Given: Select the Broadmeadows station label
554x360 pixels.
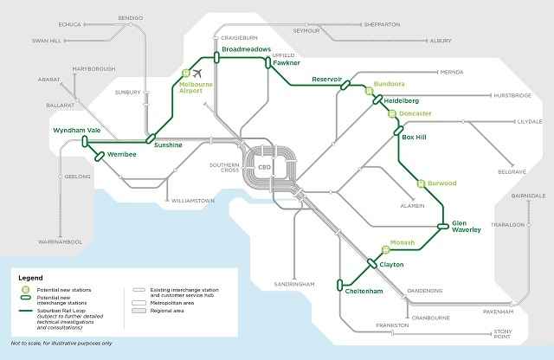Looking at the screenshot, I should [x=248, y=49].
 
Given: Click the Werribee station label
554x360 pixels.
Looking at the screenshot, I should [x=122, y=154].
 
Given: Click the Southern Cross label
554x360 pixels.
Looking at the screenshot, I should [x=223, y=168].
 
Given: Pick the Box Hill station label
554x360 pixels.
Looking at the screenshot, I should [x=415, y=137].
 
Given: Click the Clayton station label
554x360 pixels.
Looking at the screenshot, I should [x=391, y=264].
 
